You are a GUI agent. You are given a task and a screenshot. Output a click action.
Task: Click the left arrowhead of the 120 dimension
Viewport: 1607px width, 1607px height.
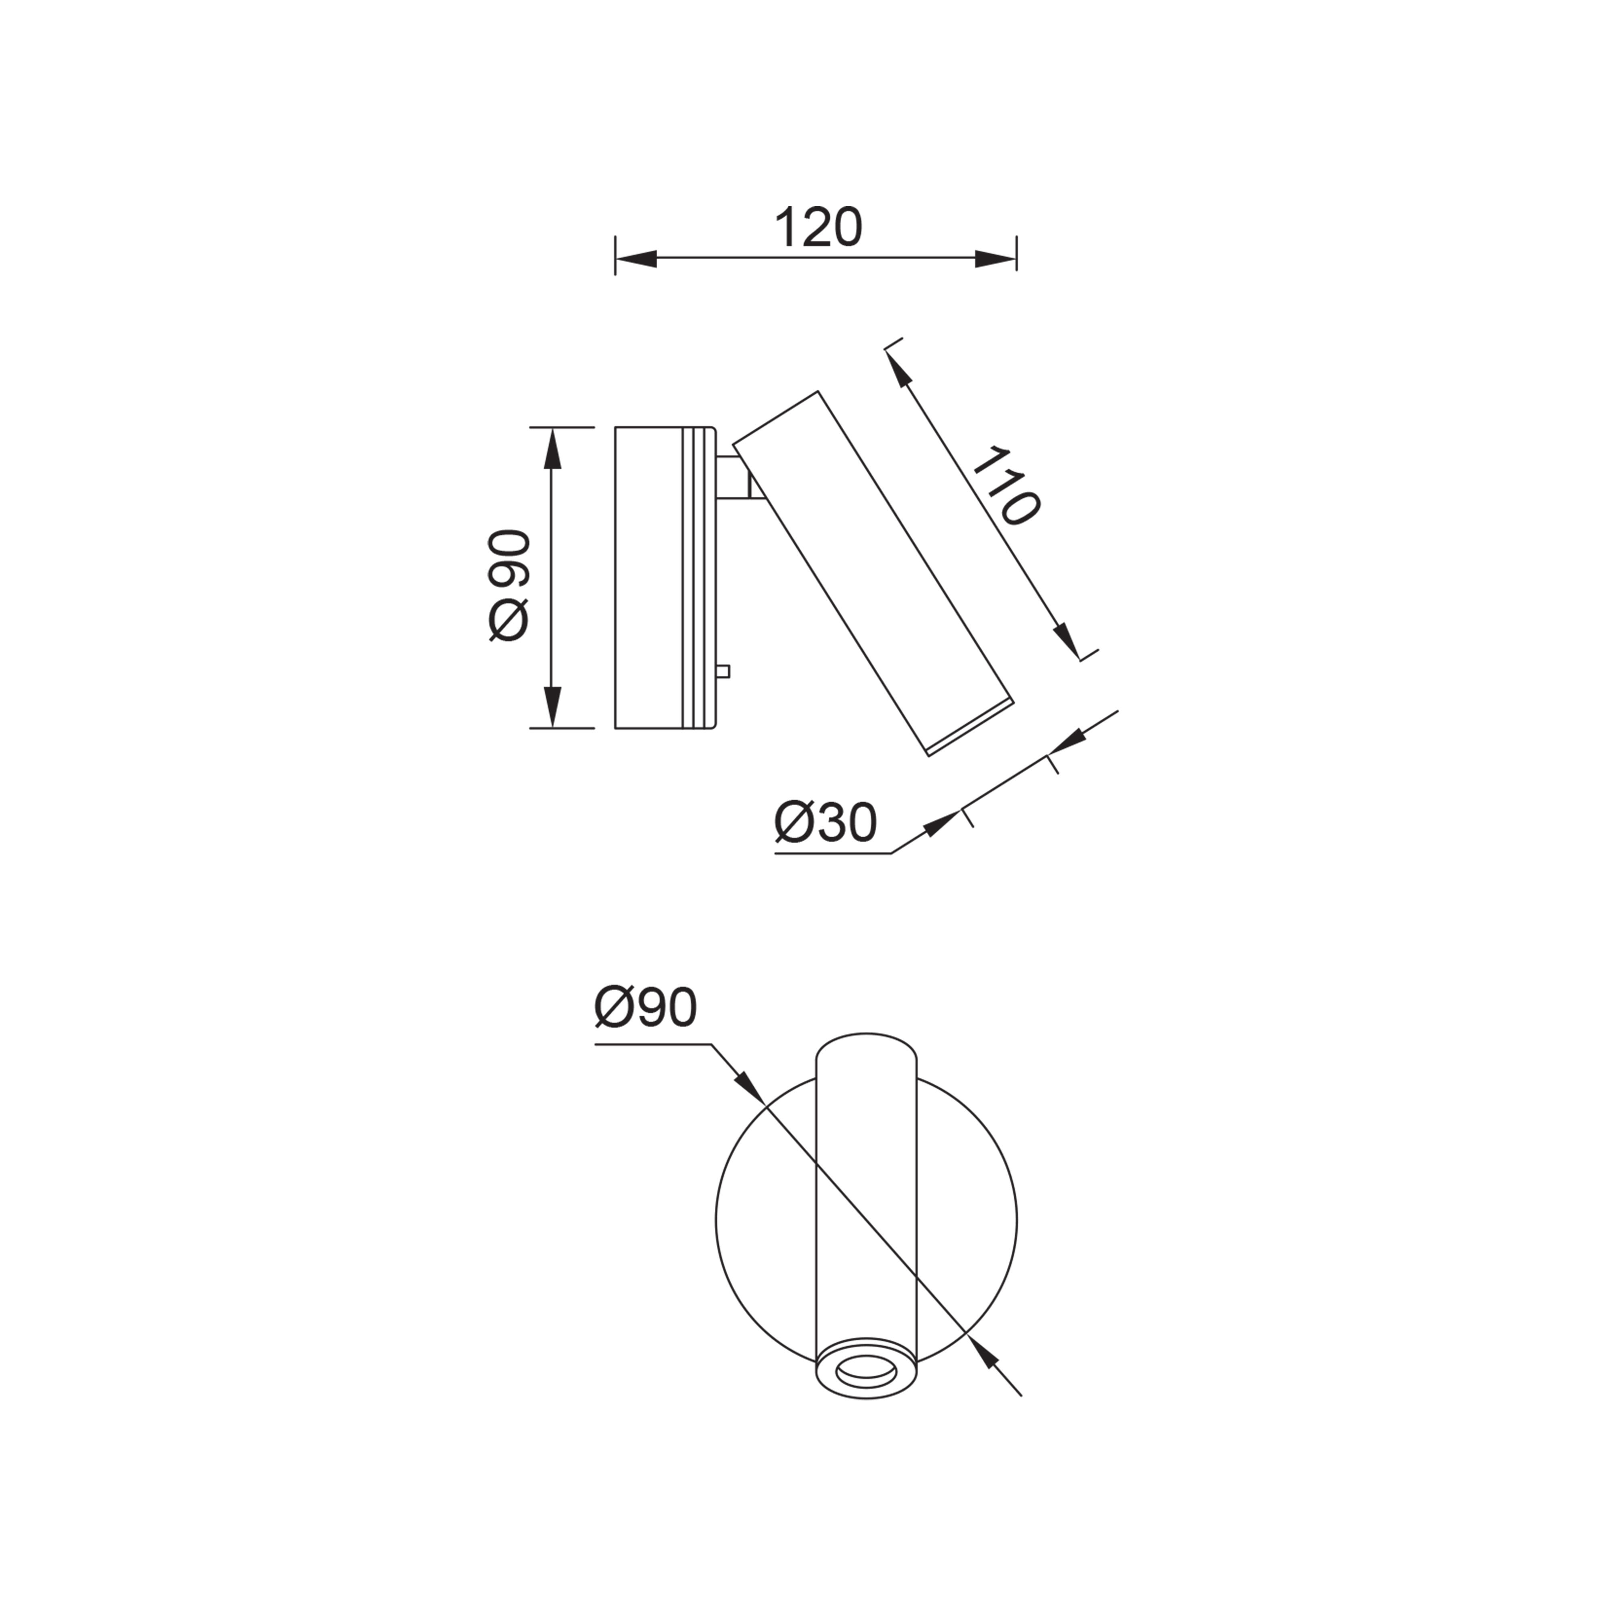coord(634,259)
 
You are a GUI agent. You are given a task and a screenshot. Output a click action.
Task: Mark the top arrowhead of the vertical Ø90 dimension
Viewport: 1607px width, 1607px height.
coord(552,449)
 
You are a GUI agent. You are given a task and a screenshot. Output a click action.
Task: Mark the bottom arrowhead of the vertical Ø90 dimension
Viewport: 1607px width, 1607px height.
coord(552,707)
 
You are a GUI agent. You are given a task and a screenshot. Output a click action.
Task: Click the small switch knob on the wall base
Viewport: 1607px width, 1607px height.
coord(724,671)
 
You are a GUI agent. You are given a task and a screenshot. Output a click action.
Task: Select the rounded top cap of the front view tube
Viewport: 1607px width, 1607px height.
coord(867,1048)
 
